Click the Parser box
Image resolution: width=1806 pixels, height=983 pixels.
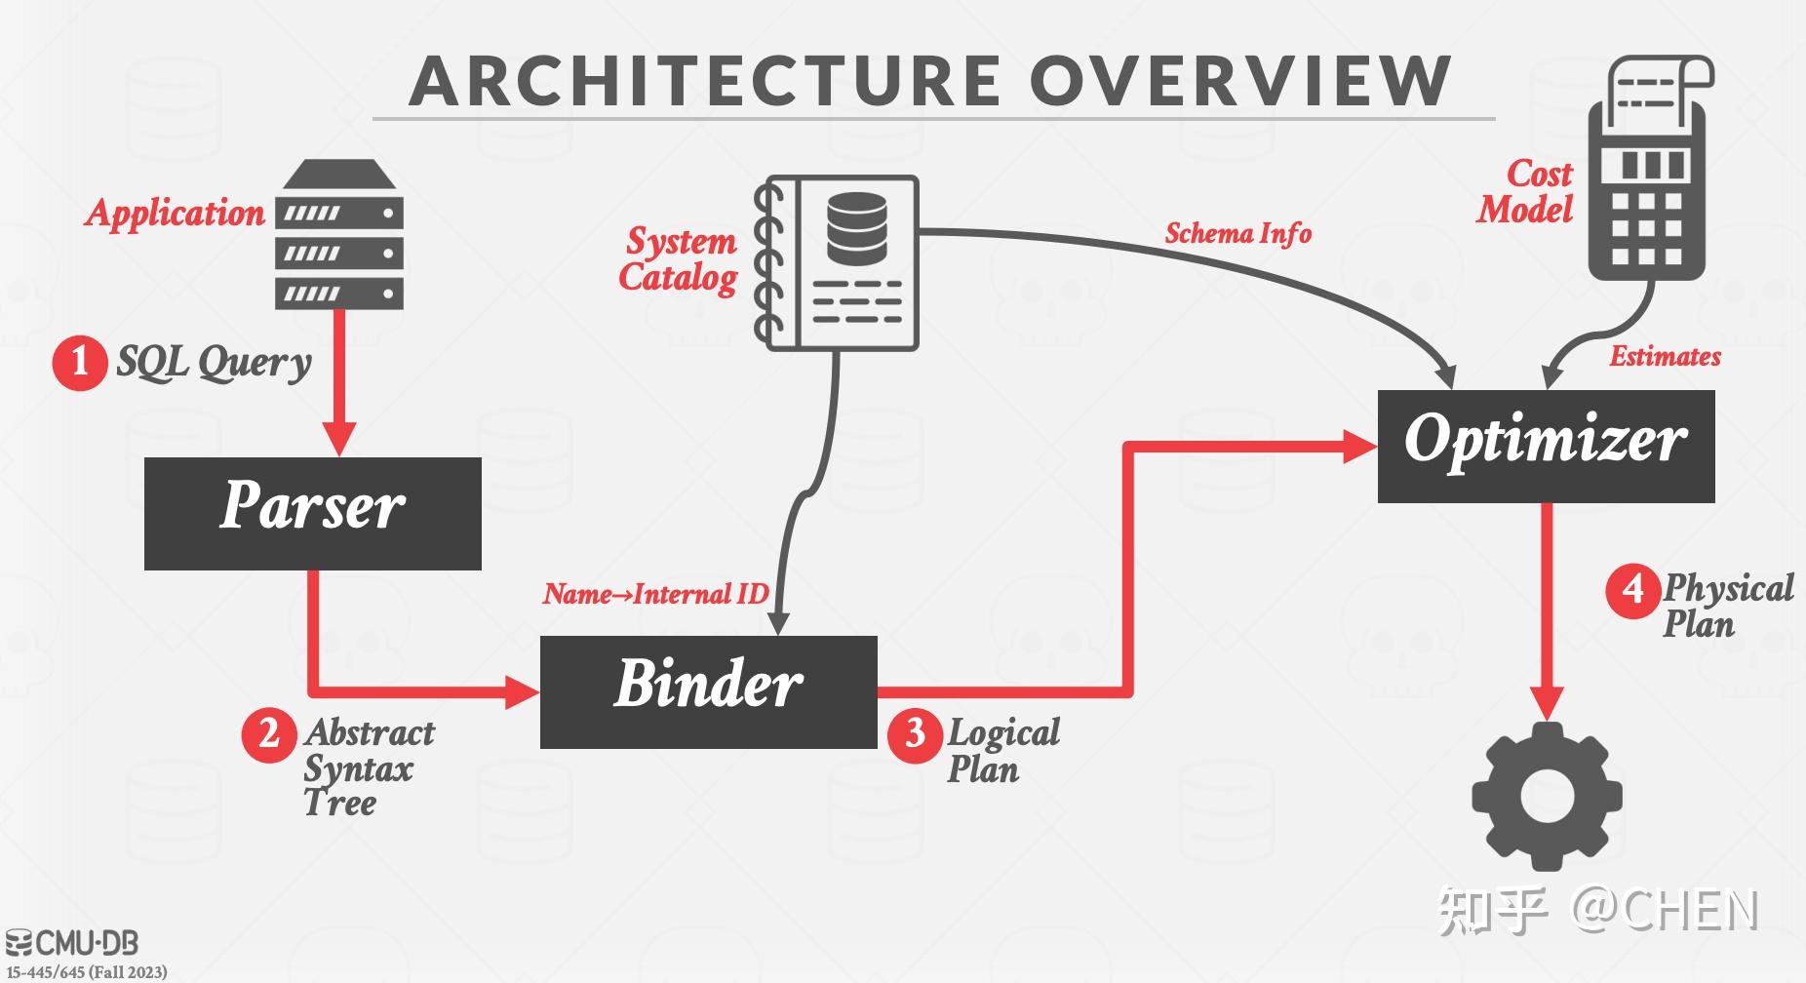tap(313, 514)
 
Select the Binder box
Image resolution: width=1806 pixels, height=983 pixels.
tap(709, 692)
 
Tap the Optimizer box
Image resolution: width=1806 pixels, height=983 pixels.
tap(1546, 447)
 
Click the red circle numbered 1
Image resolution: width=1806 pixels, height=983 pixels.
tap(79, 363)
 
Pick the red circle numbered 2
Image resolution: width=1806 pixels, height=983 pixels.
tap(269, 733)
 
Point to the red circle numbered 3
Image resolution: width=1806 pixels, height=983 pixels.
tap(915, 733)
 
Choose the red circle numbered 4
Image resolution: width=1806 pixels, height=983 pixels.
tap(1632, 589)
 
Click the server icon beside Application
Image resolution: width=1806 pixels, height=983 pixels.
tap(339, 234)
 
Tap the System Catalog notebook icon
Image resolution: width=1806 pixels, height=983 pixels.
tap(836, 263)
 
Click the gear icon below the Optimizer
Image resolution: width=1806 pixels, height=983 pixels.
tap(1547, 796)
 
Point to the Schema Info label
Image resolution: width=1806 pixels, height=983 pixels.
tap(1238, 234)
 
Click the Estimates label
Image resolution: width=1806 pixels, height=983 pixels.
tap(1665, 356)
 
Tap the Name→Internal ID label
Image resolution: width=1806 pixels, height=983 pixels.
tap(655, 593)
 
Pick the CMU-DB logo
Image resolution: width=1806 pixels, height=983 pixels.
tap(72, 943)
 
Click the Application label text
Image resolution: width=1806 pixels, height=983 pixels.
tap(176, 213)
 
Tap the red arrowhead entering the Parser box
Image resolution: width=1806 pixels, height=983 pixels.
tap(339, 439)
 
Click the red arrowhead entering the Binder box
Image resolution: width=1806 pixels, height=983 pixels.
tap(523, 692)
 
